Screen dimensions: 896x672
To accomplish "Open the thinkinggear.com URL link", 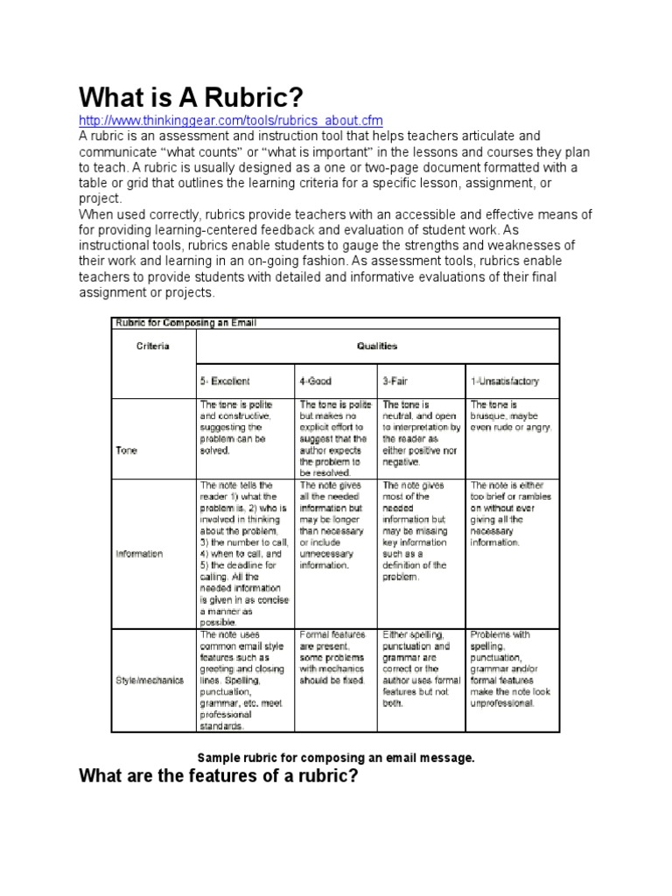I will point(231,121).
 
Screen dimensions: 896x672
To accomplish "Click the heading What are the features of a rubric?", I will point(219,776).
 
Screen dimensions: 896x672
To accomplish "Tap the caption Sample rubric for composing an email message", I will point(336,758).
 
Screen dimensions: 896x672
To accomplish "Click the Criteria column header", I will point(153,346).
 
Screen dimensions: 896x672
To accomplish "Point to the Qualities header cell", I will point(376,346).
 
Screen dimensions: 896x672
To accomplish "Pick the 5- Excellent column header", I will point(226,381).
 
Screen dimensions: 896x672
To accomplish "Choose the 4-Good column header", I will point(316,381).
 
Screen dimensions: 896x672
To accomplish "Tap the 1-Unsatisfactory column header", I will point(505,381).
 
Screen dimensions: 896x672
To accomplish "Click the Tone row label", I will point(126,451).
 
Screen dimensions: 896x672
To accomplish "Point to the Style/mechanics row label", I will point(149,681).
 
